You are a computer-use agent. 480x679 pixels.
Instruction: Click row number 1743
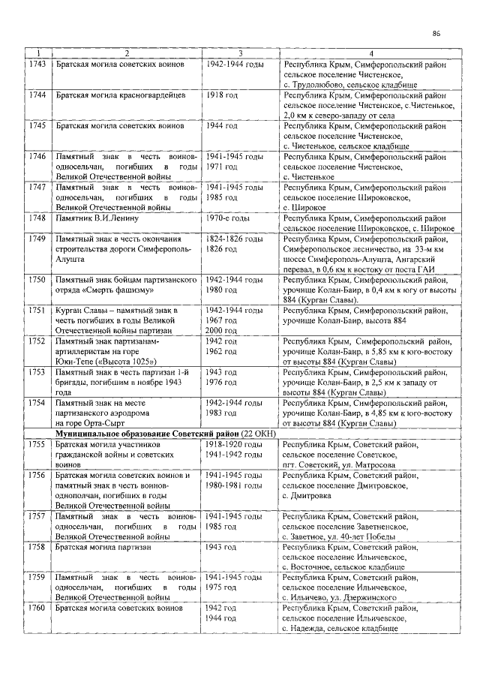click(37, 66)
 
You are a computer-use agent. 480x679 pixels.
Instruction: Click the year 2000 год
click(222, 329)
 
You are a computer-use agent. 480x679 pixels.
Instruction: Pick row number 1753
click(37, 372)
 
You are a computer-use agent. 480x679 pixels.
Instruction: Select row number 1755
click(37, 445)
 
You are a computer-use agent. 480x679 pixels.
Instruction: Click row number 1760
click(37, 608)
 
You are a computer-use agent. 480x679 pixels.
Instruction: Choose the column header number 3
click(240, 53)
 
